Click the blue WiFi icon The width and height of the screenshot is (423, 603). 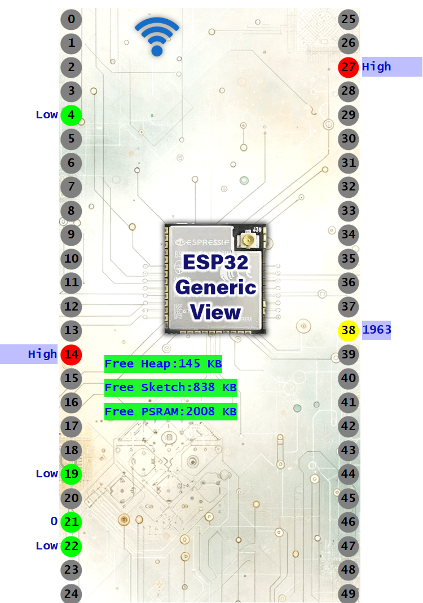[x=157, y=36]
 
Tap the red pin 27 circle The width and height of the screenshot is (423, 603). [x=349, y=67]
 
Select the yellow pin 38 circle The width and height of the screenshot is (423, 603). [x=349, y=330]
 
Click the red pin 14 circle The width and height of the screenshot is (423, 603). [x=71, y=354]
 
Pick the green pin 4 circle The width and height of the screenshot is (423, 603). [x=71, y=115]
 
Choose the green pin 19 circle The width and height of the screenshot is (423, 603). [x=71, y=474]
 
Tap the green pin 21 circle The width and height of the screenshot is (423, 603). [x=71, y=522]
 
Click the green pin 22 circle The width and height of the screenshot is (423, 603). [x=71, y=546]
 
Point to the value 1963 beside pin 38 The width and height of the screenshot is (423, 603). [x=377, y=330]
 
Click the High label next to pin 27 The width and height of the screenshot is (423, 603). [x=377, y=67]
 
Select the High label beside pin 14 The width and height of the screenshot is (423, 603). [x=42, y=354]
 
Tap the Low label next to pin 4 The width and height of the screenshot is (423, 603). [x=47, y=115]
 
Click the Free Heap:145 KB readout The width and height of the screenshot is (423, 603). [x=164, y=364]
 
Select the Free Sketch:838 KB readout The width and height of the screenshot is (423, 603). [x=170, y=388]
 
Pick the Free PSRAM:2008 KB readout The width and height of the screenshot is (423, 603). [x=170, y=412]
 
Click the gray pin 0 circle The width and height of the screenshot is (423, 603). [x=71, y=20]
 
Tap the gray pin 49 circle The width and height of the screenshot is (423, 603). [x=349, y=593]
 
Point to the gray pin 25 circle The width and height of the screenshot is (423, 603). [x=349, y=20]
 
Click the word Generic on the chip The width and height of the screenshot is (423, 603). [x=216, y=287]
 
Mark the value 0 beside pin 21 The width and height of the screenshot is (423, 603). [x=54, y=522]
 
